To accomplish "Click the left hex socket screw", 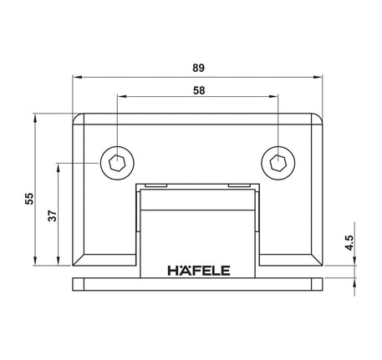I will pyautogui.click(x=116, y=162).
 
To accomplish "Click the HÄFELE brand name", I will pyautogui.click(x=198, y=270).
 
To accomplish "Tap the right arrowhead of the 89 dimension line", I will pyautogui.click(x=318, y=76).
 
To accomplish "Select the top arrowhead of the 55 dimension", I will pyautogui.click(x=36, y=118).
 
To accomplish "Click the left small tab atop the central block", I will pyautogui.click(x=153, y=185).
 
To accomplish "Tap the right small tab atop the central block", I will pyautogui.click(x=242, y=185).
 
